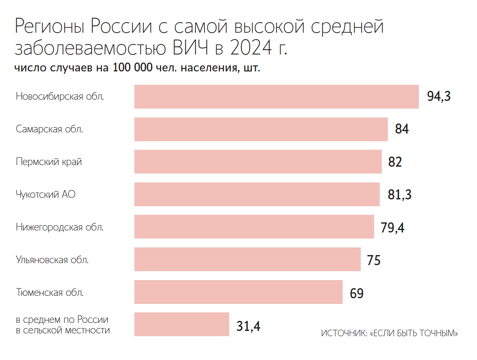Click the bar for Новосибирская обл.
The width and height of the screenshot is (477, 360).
coord(276,96)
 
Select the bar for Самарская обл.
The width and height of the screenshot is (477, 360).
coord(261,129)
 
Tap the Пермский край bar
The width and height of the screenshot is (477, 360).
coord(258,162)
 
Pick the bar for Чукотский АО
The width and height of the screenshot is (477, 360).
coord(257,195)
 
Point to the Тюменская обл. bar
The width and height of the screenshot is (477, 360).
coord(238,292)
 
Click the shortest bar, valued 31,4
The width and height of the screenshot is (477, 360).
coord(182,324)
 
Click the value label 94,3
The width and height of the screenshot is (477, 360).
coord(439,97)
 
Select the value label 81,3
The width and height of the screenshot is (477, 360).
coord(400,195)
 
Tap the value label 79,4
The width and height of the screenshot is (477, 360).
coord(392,228)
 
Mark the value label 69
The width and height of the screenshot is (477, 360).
coord(357,293)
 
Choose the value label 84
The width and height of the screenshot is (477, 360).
coord(402,130)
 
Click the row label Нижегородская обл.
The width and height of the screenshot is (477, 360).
coord(60,227)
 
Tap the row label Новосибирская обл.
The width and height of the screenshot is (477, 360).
coord(60,97)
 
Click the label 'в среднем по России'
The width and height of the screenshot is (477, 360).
coord(62,320)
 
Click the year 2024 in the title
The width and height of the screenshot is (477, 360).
coord(249,48)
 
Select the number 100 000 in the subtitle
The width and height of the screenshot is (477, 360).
coord(133,68)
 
